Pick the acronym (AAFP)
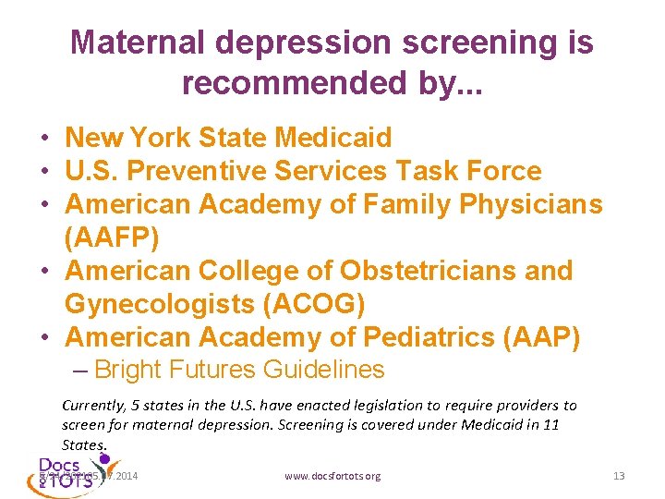click(x=112, y=238)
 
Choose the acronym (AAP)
click(x=540, y=338)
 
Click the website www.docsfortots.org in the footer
click(x=332, y=476)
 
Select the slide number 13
click(x=619, y=476)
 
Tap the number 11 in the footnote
click(x=552, y=424)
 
